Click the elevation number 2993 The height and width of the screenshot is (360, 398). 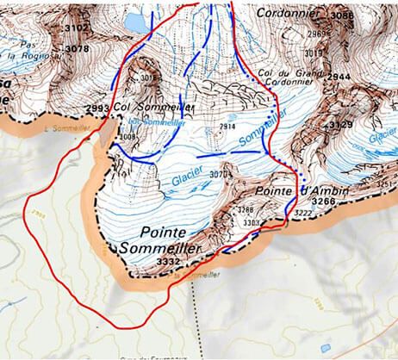pyautogui.click(x=98, y=108)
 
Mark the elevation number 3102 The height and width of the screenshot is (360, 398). pyautogui.click(x=77, y=28)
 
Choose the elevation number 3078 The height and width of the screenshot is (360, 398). pyautogui.click(x=77, y=49)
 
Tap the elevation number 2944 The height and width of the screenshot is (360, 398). pyautogui.click(x=339, y=77)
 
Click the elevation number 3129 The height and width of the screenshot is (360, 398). pyautogui.click(x=341, y=126)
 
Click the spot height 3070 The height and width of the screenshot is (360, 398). pyautogui.click(x=220, y=176)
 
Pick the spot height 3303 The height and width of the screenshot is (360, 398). pyautogui.click(x=251, y=222)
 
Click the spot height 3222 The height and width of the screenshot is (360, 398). pyautogui.click(x=303, y=212)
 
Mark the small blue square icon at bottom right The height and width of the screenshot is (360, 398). pyautogui.click(x=325, y=349)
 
